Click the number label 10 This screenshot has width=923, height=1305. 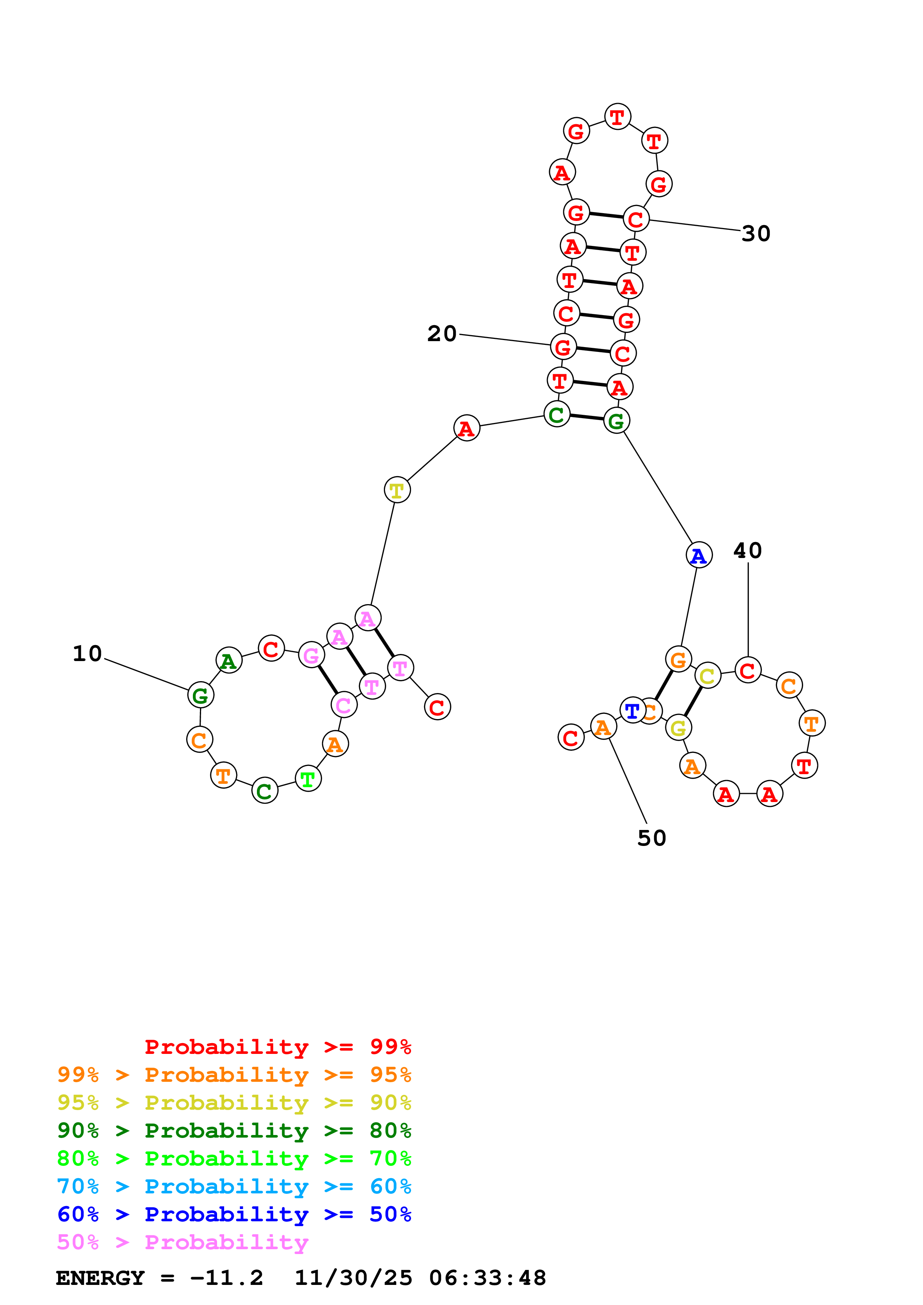point(87,654)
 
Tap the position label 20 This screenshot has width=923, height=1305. point(442,334)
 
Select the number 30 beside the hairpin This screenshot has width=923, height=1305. point(756,234)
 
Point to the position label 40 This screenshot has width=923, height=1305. point(747,550)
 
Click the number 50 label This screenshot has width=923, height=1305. point(652,838)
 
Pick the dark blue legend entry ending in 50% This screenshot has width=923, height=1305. point(234,1214)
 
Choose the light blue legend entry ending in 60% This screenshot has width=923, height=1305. point(234,1186)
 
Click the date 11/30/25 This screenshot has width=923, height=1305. point(353,1278)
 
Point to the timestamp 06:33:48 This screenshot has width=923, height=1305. point(487,1278)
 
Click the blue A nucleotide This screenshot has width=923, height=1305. point(698,555)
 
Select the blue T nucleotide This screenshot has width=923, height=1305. point(632,710)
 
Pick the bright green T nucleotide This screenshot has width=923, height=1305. point(308,779)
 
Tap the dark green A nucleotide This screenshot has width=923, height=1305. point(229,660)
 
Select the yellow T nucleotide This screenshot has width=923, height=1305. point(397,490)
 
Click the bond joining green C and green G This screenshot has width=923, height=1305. point(586,417)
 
